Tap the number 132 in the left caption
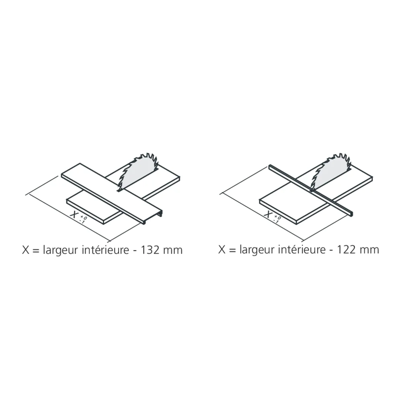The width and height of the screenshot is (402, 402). (x=153, y=250)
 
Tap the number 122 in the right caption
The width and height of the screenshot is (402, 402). (x=349, y=250)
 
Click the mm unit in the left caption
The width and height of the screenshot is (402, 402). (x=173, y=250)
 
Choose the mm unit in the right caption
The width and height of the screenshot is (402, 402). (x=369, y=250)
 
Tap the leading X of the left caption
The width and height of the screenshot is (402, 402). (x=25, y=250)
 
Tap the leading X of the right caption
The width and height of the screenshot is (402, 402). (x=222, y=250)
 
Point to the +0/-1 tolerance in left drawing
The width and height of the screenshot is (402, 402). (x=83, y=219)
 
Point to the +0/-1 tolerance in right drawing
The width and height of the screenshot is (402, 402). (x=277, y=219)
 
